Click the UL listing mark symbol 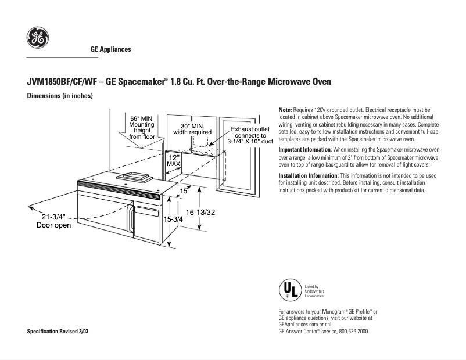click(x=291, y=290)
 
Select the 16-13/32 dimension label click(x=200, y=213)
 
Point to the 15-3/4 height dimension click(x=173, y=219)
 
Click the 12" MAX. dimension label click(x=174, y=161)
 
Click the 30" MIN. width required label click(x=192, y=129)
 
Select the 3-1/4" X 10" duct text click(x=250, y=141)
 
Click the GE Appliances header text click(x=110, y=49)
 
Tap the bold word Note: click(x=285, y=110)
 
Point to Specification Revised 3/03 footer click(x=59, y=331)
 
